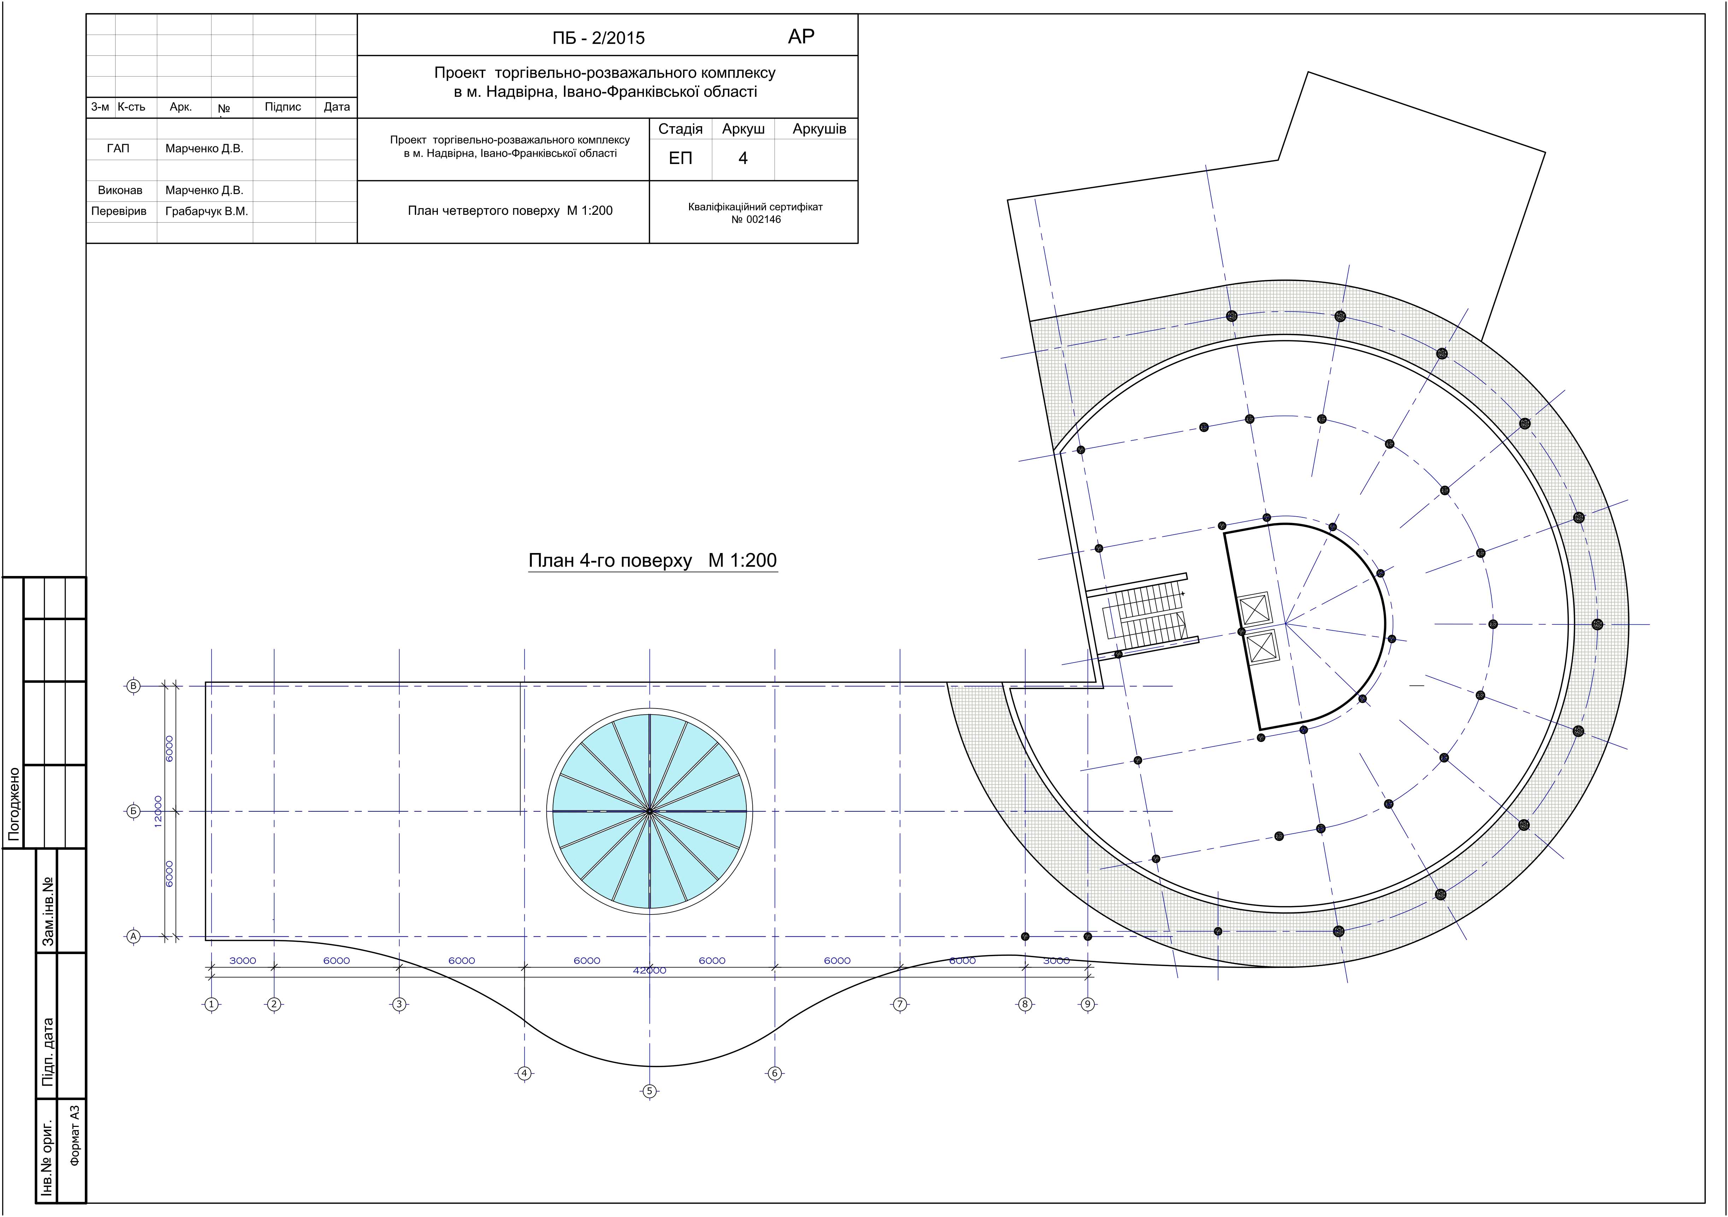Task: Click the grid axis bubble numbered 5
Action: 650,1090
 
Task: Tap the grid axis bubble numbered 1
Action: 211,1004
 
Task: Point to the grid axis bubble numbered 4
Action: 524,1073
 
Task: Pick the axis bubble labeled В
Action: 133,686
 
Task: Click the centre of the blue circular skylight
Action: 650,811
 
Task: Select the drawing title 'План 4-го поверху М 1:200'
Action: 653,561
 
